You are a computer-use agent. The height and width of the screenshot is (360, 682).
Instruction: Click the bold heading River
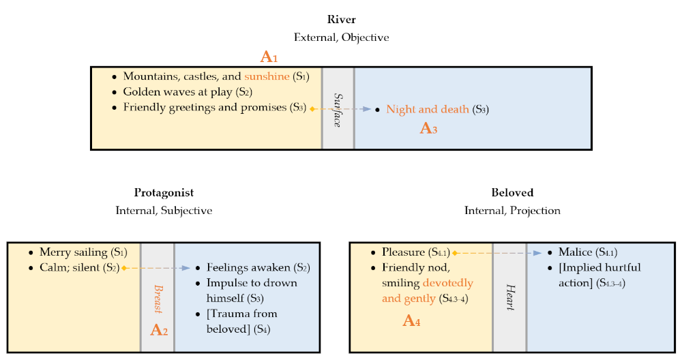341,19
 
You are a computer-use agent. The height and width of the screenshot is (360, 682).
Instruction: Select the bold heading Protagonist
164,193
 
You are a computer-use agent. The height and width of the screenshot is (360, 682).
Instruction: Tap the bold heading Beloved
512,193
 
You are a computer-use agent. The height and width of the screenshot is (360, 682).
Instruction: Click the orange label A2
159,331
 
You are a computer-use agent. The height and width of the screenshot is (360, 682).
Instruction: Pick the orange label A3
428,127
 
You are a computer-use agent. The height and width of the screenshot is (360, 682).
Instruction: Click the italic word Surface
338,108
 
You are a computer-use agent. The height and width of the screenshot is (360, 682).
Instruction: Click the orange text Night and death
427,109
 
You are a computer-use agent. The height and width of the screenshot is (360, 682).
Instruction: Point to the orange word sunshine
267,76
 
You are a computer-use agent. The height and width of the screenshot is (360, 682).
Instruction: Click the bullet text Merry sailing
72,252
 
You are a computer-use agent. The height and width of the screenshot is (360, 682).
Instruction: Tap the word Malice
574,252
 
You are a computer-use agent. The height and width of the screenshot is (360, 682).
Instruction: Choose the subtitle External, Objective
341,37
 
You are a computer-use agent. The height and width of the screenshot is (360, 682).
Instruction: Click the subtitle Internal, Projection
512,211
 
